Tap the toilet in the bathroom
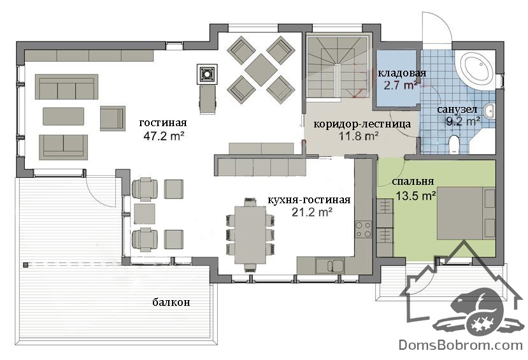click(x=455, y=145)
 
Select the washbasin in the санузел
click(x=489, y=111)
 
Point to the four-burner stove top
click(x=364, y=229)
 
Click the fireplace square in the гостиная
click(x=207, y=74)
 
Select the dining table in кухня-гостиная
click(x=250, y=235)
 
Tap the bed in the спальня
click(x=466, y=213)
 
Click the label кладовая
click(x=402, y=73)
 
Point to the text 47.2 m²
click(x=164, y=136)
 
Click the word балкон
click(x=171, y=302)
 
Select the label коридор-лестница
click(x=362, y=124)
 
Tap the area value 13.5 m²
click(x=416, y=196)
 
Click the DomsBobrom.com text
click(x=460, y=345)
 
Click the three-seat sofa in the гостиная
click(x=67, y=87)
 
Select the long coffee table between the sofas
click(x=63, y=116)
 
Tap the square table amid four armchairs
click(x=261, y=69)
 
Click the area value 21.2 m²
click(x=312, y=212)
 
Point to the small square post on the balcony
click(x=25, y=265)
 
